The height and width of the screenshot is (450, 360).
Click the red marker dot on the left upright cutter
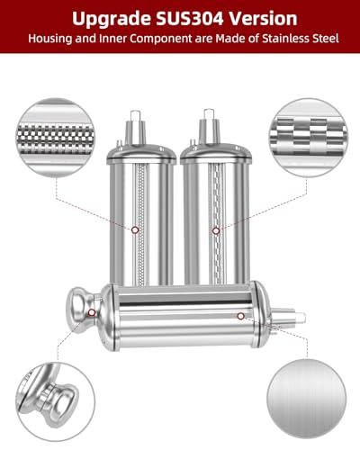tap(135, 229)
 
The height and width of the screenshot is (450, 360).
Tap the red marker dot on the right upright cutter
tap(215, 230)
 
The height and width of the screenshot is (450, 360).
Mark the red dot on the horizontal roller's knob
tap(94, 311)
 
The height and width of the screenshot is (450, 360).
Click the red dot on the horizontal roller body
tap(240, 316)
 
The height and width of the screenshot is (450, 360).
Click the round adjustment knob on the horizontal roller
tap(72, 310)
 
